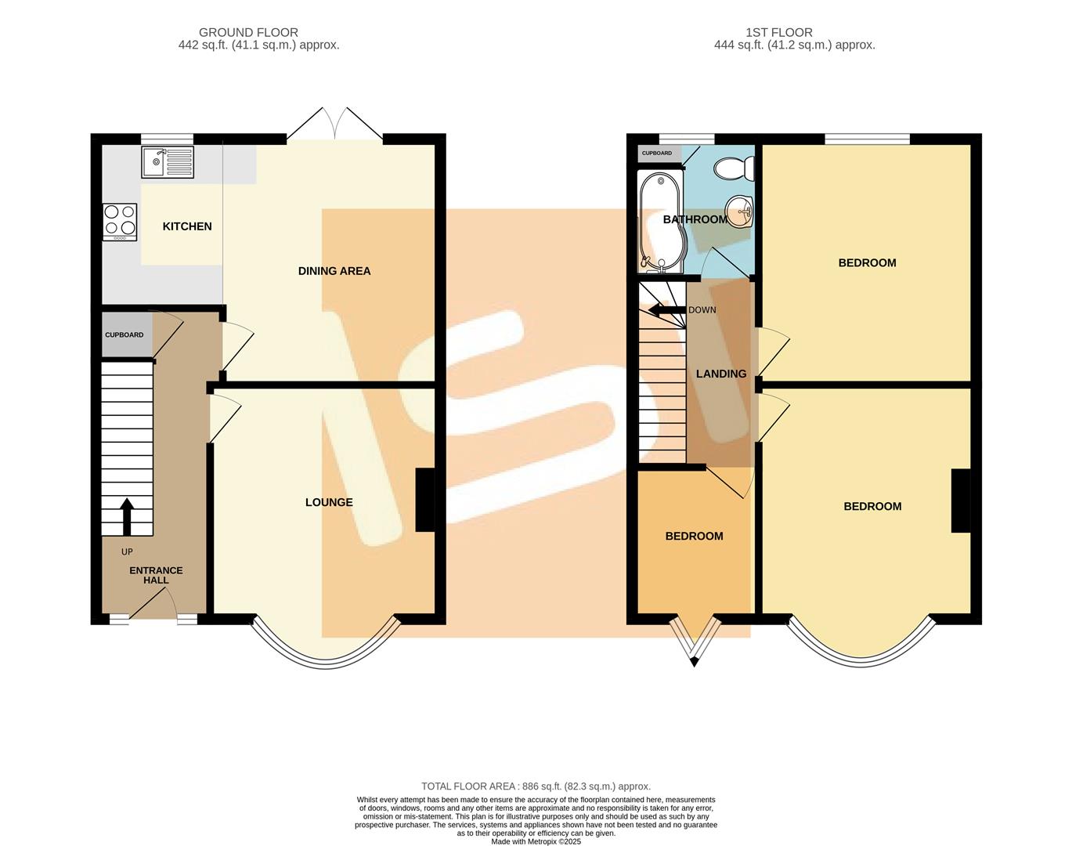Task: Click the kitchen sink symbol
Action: pos(167,162)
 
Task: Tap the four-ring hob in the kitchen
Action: pos(119,221)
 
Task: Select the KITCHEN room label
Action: pos(187,226)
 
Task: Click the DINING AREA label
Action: pos(334,271)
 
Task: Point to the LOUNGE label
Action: pos(329,502)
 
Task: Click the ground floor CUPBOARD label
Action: pos(125,334)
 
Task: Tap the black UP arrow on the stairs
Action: pos(125,515)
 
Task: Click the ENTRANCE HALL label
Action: pos(156,575)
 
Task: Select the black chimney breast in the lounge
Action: pos(424,500)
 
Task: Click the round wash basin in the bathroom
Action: pos(738,210)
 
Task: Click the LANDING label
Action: pos(721,374)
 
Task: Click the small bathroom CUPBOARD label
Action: pos(657,154)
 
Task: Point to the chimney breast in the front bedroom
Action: pos(960,501)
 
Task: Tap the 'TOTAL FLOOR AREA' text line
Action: pos(536,786)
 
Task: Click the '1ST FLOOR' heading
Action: pos(778,32)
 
